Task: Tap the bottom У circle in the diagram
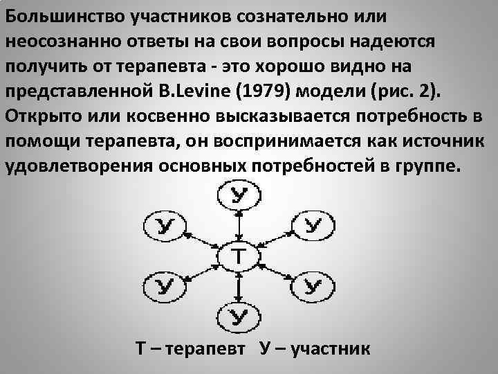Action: point(237,317)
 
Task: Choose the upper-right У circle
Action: point(313,225)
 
